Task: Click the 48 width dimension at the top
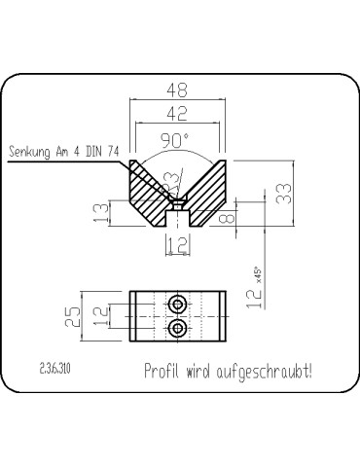coord(177,90)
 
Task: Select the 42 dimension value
coord(176,114)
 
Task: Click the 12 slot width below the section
coord(176,246)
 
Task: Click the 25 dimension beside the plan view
coord(86,314)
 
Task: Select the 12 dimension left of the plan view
coord(114,314)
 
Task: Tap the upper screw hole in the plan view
coord(177,305)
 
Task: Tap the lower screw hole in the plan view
coord(177,329)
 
